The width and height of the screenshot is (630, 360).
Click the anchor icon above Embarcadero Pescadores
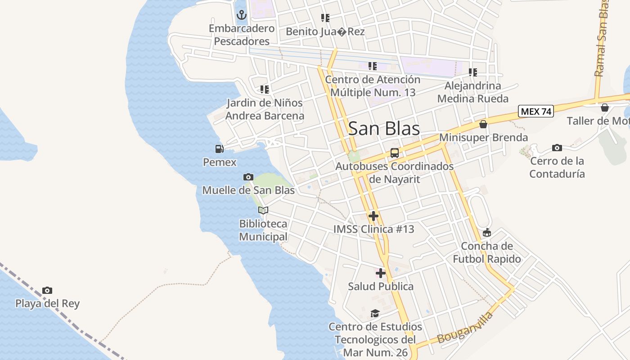click(x=242, y=15)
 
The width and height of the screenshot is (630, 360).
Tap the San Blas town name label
click(x=384, y=129)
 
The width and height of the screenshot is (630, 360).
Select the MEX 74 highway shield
click(x=535, y=111)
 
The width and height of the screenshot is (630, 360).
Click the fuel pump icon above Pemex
click(x=219, y=149)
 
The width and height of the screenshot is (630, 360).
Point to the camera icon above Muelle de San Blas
click(x=248, y=177)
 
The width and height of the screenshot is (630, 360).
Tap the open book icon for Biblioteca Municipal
click(x=263, y=210)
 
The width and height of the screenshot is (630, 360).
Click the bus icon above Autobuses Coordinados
click(x=395, y=153)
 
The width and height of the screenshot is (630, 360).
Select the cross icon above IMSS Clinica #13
click(x=373, y=216)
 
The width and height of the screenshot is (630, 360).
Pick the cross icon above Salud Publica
click(x=381, y=273)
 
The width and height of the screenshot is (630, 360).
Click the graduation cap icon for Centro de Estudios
click(x=375, y=313)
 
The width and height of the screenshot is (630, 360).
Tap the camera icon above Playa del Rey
click(x=47, y=291)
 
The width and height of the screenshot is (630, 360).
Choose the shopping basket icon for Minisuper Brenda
click(x=483, y=124)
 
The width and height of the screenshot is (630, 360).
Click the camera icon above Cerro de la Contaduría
click(x=557, y=148)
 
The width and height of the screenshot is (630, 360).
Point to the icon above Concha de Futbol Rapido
click(x=486, y=233)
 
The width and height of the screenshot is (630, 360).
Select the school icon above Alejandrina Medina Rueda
click(x=472, y=72)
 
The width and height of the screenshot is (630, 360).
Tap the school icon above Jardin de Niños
click(x=265, y=90)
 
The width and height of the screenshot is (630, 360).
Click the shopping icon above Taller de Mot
click(x=605, y=108)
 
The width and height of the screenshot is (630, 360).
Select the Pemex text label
click(x=220, y=162)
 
